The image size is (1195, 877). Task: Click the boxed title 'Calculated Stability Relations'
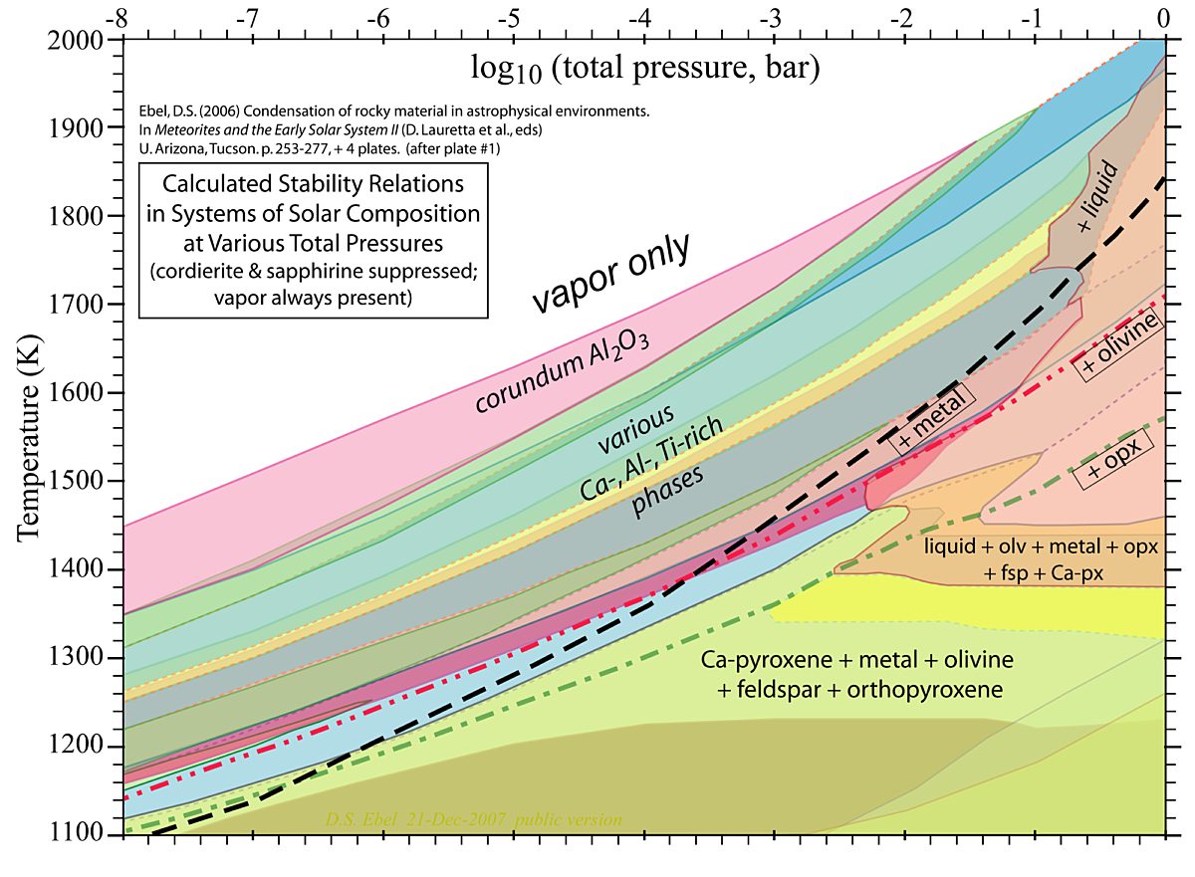(x=314, y=184)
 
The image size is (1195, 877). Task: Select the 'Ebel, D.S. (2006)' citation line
(x=396, y=112)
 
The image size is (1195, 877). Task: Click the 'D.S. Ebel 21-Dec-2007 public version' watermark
(x=472, y=820)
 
